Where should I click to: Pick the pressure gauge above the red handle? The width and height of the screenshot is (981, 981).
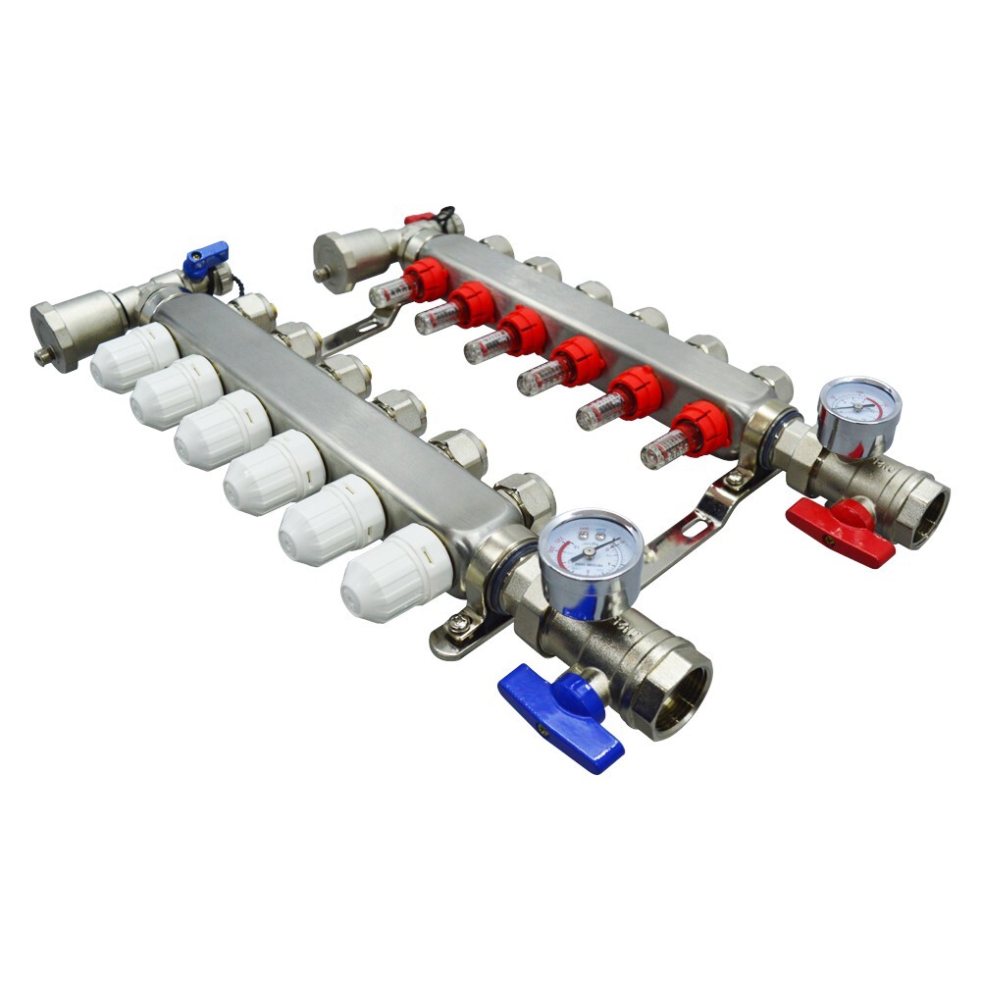tap(859, 413)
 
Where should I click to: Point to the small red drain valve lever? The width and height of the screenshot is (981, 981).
tap(420, 219)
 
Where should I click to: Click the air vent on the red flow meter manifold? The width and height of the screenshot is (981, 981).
tap(338, 257)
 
